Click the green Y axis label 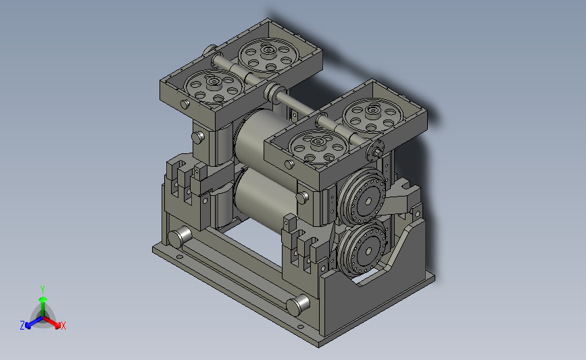(x=43, y=290)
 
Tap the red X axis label (x=63, y=326)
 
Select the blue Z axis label (x=22, y=326)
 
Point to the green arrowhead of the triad (x=43, y=299)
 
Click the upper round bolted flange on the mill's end (x=362, y=196)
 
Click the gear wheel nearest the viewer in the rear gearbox (x=214, y=86)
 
